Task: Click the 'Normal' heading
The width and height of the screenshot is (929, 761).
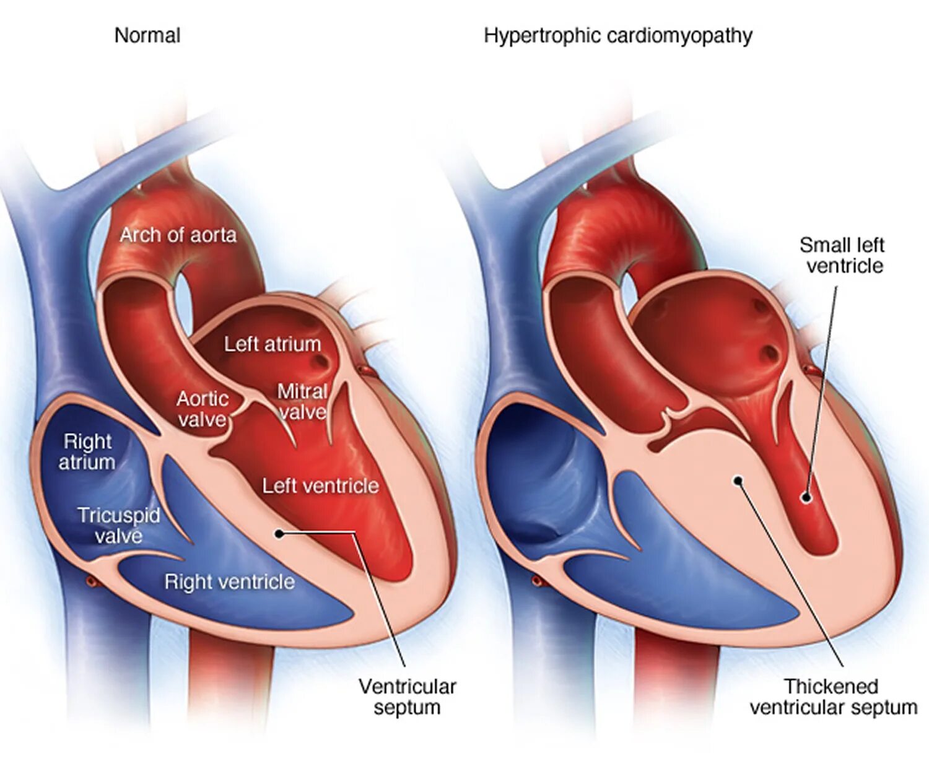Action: point(147,36)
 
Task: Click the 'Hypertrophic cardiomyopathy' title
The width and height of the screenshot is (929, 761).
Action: point(617,36)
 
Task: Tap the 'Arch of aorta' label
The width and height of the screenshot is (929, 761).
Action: point(178,235)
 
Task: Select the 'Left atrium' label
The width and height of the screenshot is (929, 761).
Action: point(273,344)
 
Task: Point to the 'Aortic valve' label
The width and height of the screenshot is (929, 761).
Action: point(203,409)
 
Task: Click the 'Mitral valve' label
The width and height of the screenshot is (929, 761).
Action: point(302,402)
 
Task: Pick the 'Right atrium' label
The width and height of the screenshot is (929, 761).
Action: point(87,452)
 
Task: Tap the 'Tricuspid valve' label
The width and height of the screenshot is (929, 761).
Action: point(118,526)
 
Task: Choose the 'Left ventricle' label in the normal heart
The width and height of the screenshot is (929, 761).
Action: point(320,486)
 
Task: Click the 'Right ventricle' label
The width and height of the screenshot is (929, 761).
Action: point(229,582)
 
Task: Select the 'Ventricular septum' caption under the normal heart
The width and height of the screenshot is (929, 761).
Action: point(407,697)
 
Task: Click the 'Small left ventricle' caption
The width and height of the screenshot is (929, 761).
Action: point(842,255)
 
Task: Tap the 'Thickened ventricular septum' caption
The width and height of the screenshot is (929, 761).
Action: point(833,697)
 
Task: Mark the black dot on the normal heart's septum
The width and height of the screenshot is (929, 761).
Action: point(279,533)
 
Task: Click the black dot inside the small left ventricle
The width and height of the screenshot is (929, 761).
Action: point(806,497)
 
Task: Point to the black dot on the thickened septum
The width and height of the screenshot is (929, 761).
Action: point(738,481)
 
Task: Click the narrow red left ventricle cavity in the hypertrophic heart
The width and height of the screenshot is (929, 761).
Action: point(816,526)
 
